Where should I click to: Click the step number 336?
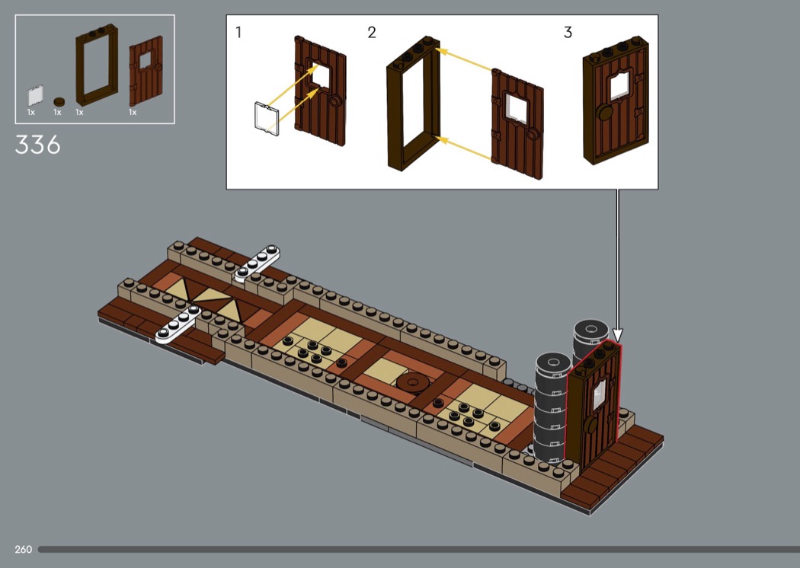coord(38,145)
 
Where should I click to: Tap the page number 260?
coord(24,549)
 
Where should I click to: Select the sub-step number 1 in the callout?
coord(238,32)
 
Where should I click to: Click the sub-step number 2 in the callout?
coord(372,33)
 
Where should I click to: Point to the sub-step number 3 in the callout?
coord(568,33)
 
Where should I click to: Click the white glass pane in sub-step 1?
coord(267,119)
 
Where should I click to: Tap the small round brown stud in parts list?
coord(59,101)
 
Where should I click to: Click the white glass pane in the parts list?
coord(35,96)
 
